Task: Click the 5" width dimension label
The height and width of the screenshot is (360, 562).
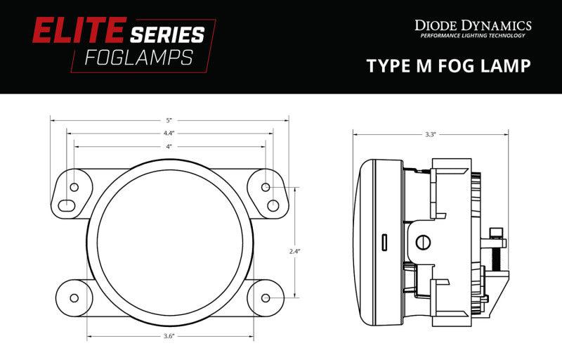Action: point(169,120)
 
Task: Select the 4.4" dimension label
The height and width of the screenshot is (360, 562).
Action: point(169,133)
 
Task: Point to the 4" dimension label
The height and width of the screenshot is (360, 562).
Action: point(169,146)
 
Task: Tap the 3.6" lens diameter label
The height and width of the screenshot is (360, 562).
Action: point(169,336)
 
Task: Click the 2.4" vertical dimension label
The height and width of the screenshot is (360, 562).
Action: point(294,251)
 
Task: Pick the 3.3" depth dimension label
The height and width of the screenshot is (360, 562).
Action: point(430,134)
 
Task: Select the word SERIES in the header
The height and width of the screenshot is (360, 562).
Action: point(167,34)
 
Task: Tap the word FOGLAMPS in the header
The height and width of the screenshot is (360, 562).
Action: point(139,58)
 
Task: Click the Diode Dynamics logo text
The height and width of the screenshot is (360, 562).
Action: point(473,25)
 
